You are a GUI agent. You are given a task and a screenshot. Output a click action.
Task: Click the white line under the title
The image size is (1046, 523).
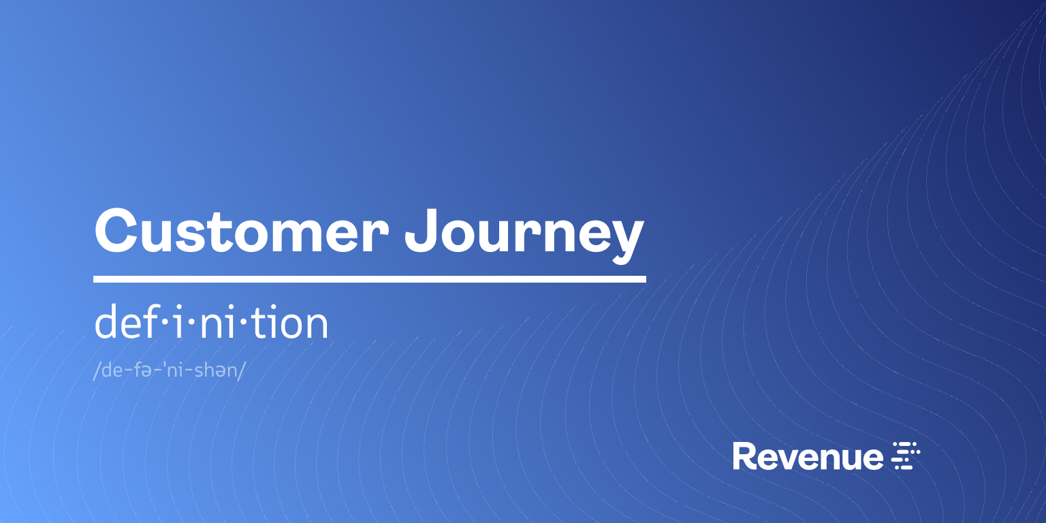click(x=369, y=279)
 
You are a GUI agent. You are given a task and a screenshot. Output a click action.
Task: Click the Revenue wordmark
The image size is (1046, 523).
click(x=808, y=456)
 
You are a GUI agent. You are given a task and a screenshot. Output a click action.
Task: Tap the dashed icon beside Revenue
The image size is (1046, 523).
click(x=906, y=456)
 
